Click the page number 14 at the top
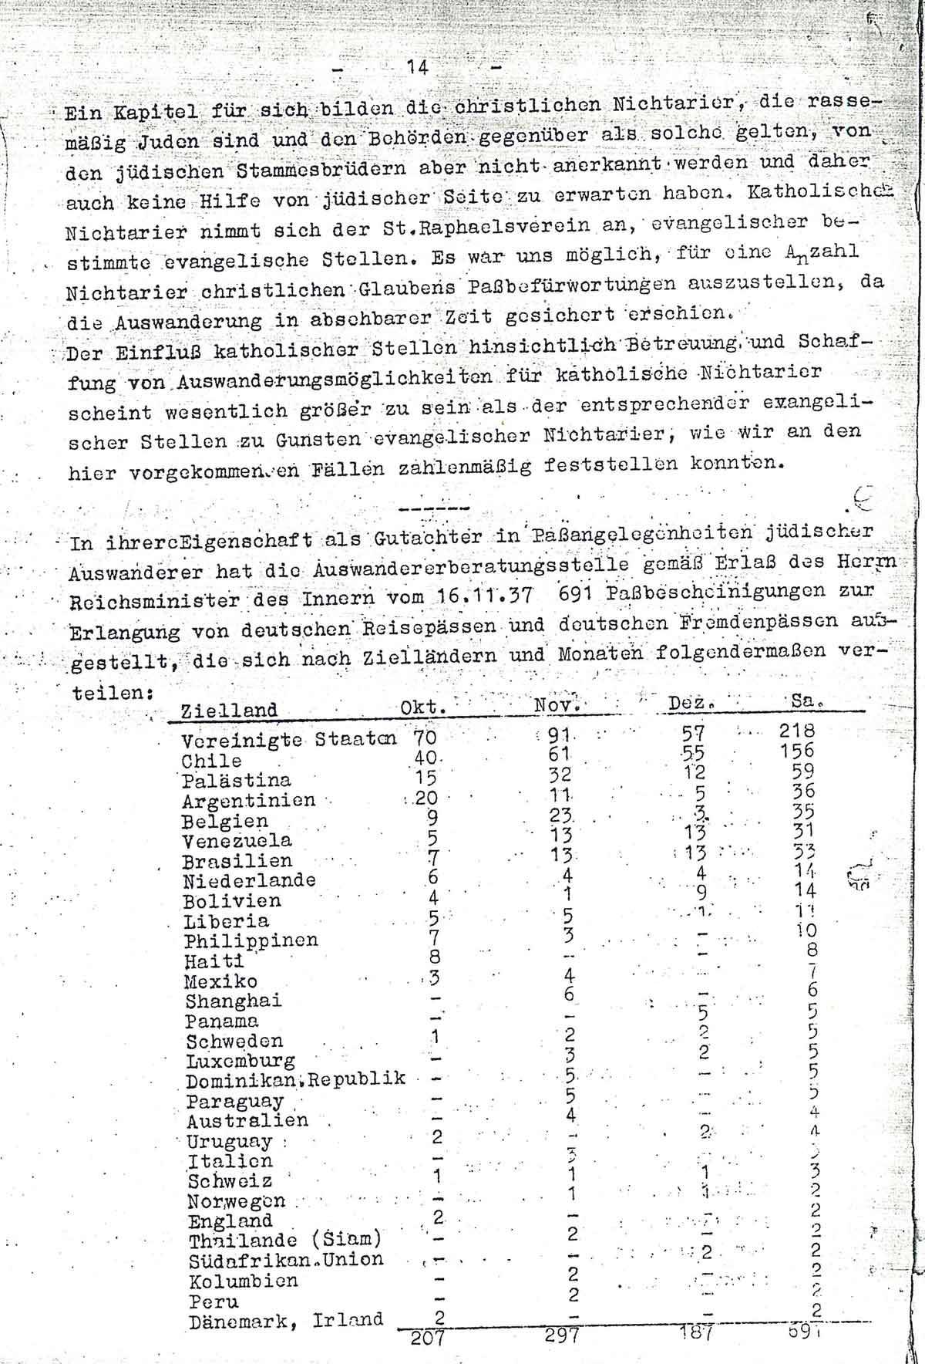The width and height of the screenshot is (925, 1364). click(417, 67)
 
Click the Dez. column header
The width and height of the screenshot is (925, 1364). click(688, 704)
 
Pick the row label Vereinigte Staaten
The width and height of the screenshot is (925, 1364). click(288, 739)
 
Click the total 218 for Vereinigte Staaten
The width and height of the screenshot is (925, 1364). click(796, 731)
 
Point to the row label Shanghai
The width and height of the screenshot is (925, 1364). click(233, 1001)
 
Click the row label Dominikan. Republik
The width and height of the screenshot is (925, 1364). click(296, 1079)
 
